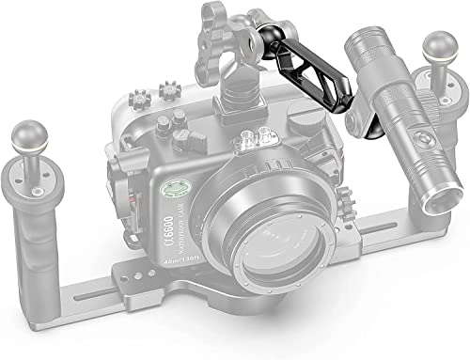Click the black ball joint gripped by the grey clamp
(x=263, y=37)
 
